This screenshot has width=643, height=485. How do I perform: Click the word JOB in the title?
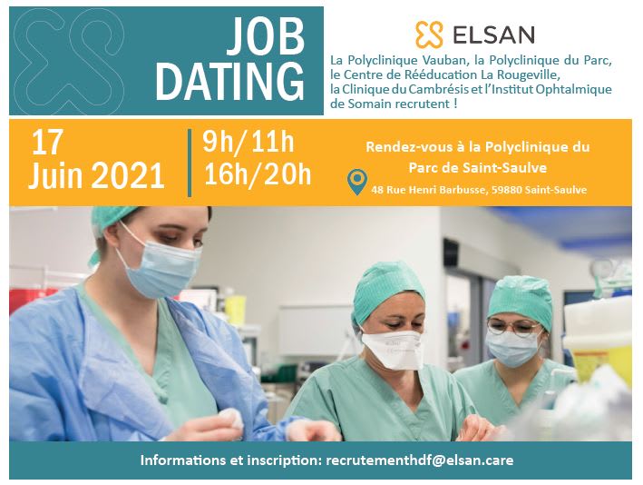click(x=265, y=41)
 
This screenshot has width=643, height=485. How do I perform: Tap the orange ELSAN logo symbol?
click(x=428, y=35)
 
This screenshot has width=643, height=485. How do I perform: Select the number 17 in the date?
click(x=51, y=143)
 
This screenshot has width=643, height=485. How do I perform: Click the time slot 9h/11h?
click(x=248, y=142)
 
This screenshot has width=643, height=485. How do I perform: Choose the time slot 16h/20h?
click(x=258, y=174)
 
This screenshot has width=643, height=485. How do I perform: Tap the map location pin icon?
click(x=357, y=183)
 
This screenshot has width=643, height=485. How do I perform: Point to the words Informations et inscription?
click(x=230, y=460)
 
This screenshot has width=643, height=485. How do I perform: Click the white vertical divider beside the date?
click(x=190, y=162)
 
